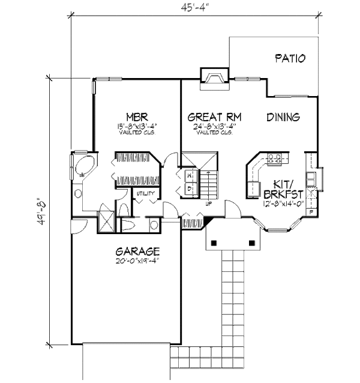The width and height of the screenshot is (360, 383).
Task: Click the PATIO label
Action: coord(290,59)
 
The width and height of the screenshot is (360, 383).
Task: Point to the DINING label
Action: coord(283,117)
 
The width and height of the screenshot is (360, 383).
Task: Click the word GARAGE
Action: coord(138,251)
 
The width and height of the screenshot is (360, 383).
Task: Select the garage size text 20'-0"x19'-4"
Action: coord(138,261)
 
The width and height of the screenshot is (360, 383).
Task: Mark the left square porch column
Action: coord(213,243)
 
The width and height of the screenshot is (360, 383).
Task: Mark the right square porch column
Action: coord(251,243)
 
